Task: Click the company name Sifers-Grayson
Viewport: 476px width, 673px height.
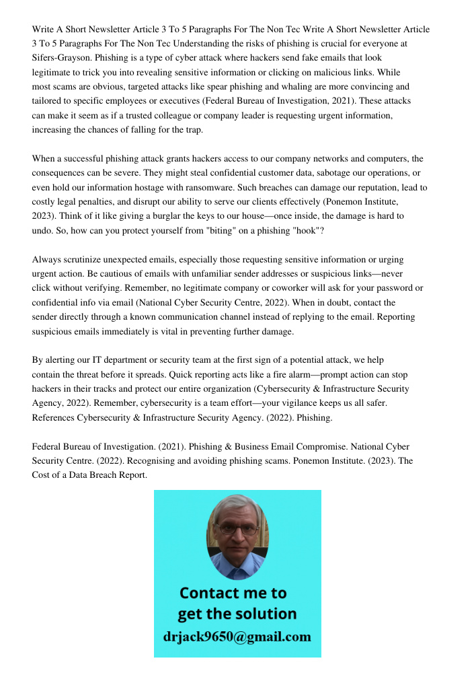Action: [62, 58]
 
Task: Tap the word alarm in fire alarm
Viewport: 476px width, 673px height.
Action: [300, 374]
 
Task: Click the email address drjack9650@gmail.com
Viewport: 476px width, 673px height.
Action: [237, 637]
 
